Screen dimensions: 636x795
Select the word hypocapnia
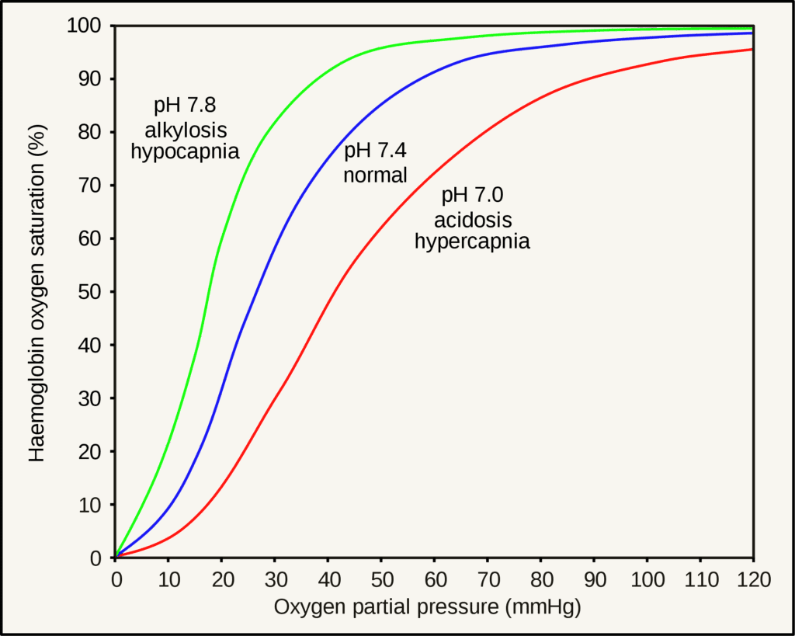coord(185,151)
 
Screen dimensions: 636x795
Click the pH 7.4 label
coord(376,151)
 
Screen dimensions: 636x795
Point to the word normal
coord(376,175)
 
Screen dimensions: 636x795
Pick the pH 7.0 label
coord(473,196)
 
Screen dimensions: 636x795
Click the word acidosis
coord(473,219)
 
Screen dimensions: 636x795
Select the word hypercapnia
coord(473,241)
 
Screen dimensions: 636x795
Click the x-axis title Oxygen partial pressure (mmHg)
coord(427,606)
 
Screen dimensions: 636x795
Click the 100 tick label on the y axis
coord(85,26)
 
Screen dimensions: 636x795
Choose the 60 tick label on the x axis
coord(435,579)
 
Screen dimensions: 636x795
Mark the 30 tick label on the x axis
coord(276,579)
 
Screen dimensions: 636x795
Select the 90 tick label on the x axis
coord(594,579)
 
